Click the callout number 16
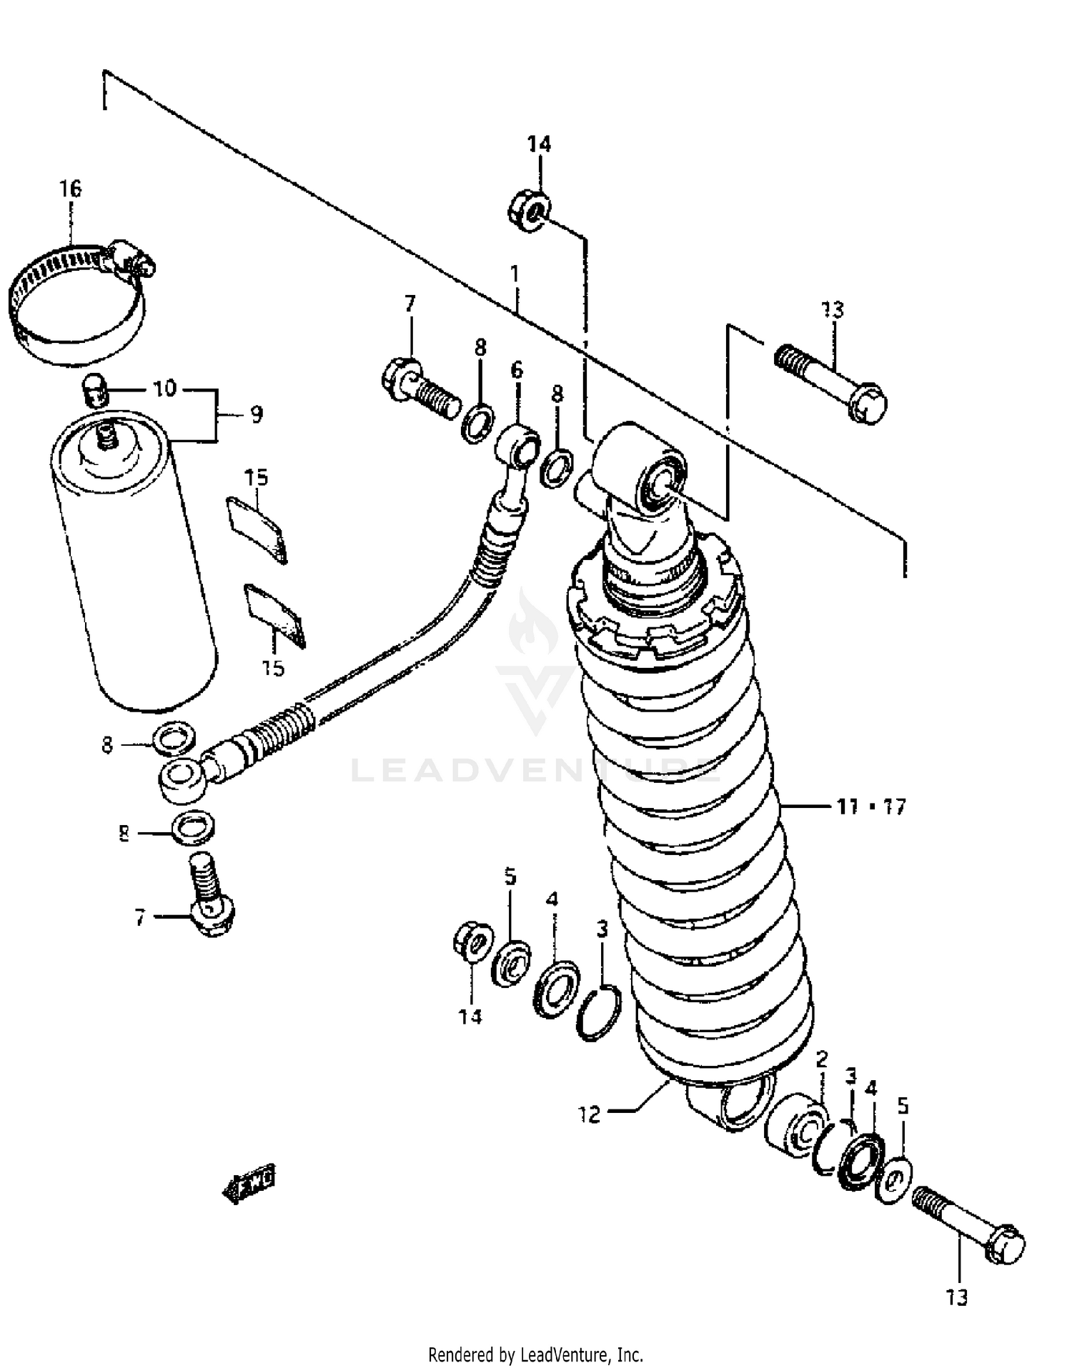coord(70,189)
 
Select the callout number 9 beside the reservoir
coord(256,414)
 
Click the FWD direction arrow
coord(250,1187)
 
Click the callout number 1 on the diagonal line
coord(514,274)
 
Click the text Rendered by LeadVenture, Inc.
coord(535,1354)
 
